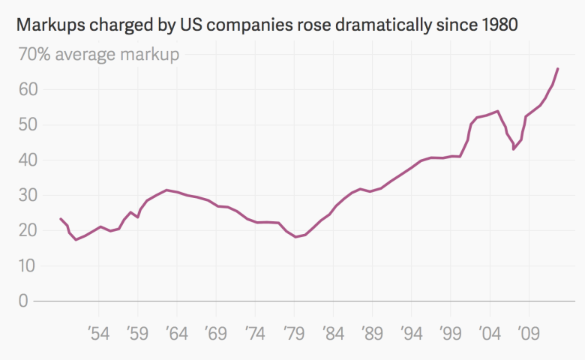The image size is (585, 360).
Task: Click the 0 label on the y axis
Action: click(22, 301)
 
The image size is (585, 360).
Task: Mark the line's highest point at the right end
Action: click(557, 68)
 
